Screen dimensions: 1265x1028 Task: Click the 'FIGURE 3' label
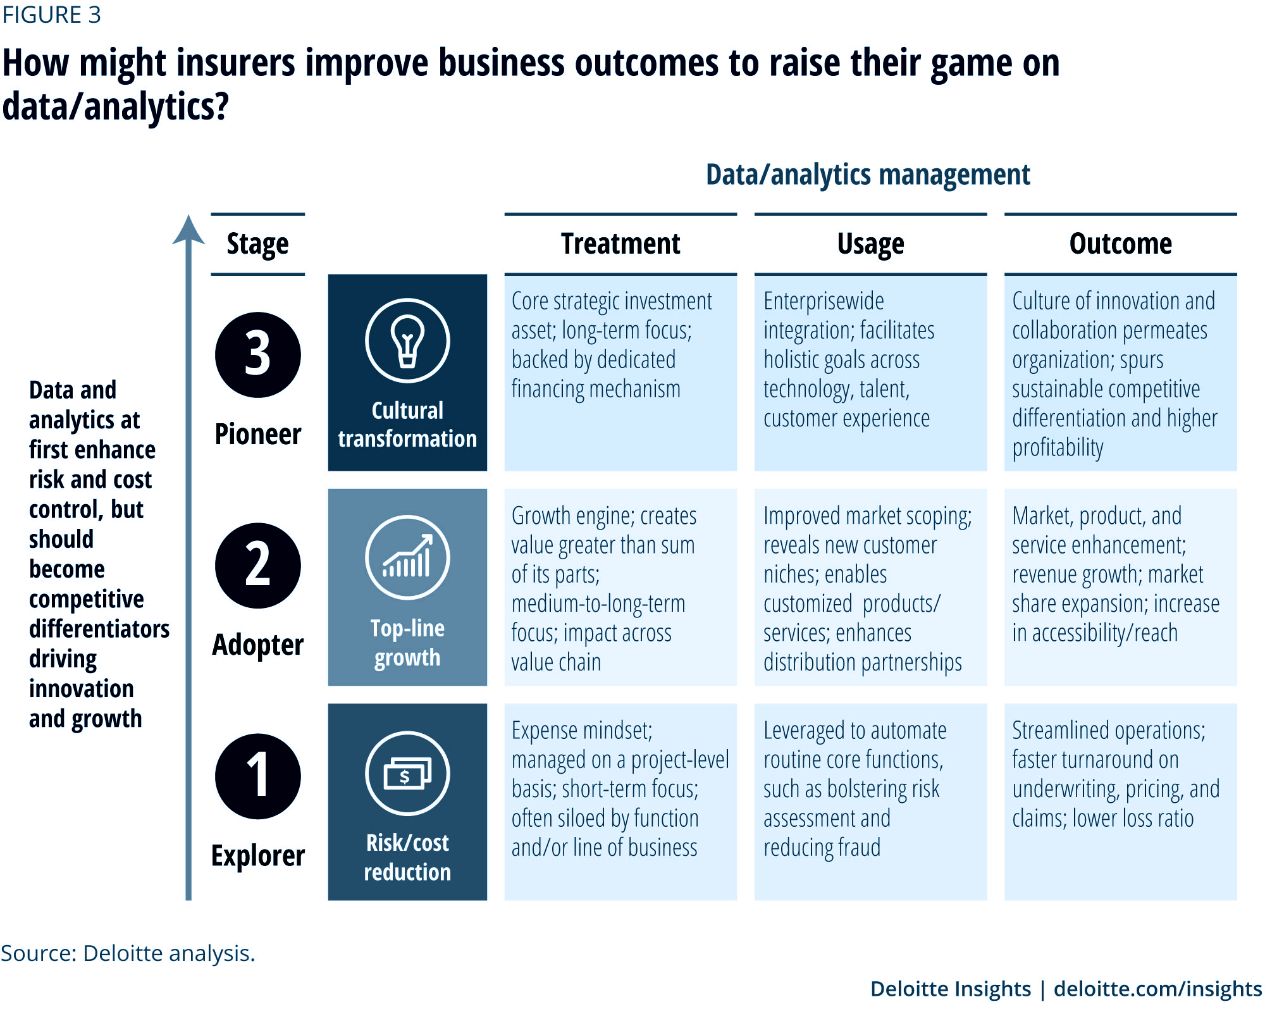pyautogui.click(x=51, y=15)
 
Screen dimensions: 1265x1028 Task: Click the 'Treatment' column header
pyautogui.click(x=620, y=244)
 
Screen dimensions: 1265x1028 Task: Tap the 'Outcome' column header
pyautogui.click(x=1120, y=244)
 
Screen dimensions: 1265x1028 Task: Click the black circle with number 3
pyautogui.click(x=258, y=354)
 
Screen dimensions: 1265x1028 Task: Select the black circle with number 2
pyautogui.click(x=258, y=566)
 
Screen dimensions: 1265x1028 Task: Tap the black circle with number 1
pyautogui.click(x=258, y=776)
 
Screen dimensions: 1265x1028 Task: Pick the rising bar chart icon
pyautogui.click(x=407, y=557)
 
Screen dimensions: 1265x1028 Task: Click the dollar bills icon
pyautogui.click(x=407, y=773)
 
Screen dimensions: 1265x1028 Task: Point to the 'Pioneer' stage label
pyautogui.click(x=258, y=435)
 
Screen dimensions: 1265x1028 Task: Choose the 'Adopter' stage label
pyautogui.click(x=258, y=645)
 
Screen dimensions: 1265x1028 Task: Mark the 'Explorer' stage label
pyautogui.click(x=258, y=856)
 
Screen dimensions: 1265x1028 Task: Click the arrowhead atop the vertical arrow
pyautogui.click(x=188, y=229)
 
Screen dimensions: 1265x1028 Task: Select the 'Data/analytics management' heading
pyautogui.click(x=868, y=175)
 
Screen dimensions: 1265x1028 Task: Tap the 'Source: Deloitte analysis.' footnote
pyautogui.click(x=128, y=953)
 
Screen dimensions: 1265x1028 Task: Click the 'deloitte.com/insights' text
pyautogui.click(x=1157, y=988)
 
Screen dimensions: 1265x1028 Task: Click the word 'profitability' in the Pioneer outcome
pyautogui.click(x=1058, y=447)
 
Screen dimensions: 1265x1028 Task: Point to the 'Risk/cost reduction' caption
pyautogui.click(x=407, y=857)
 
